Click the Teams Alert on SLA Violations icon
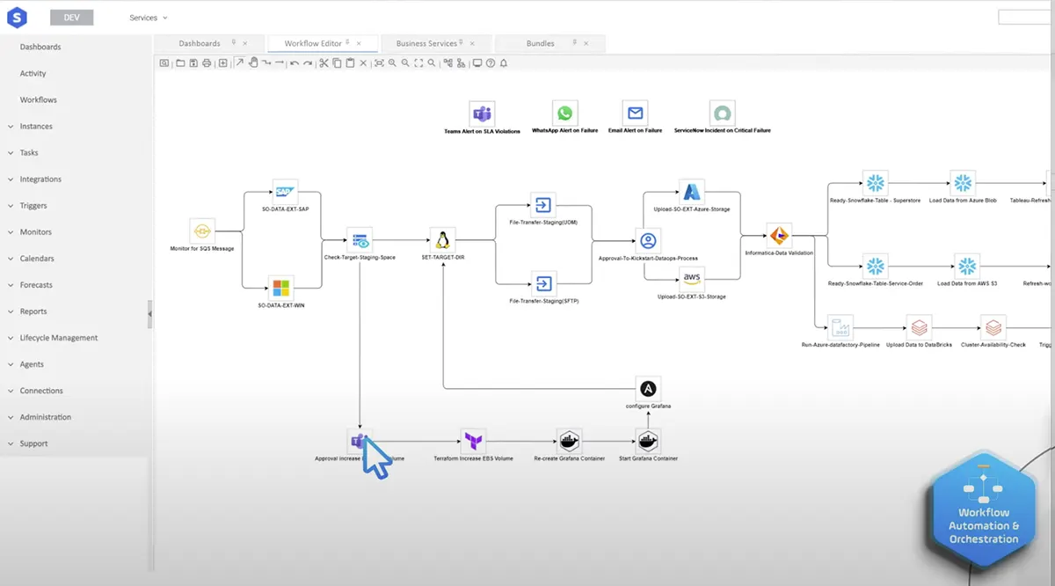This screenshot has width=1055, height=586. pyautogui.click(x=482, y=114)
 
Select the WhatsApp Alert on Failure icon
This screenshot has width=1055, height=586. pyautogui.click(x=564, y=114)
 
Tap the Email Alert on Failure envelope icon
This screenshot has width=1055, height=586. pyautogui.click(x=635, y=114)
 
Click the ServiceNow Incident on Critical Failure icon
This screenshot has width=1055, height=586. pyautogui.click(x=722, y=114)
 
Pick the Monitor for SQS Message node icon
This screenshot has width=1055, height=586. pyautogui.click(x=202, y=231)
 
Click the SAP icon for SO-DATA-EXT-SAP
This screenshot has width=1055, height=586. pyautogui.click(x=284, y=192)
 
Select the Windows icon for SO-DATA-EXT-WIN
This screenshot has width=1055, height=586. pyautogui.click(x=280, y=288)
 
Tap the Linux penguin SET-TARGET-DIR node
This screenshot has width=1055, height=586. pyautogui.click(x=442, y=240)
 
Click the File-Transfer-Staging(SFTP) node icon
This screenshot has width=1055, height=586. pyautogui.click(x=543, y=283)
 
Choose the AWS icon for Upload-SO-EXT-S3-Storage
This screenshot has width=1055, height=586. pyautogui.click(x=692, y=279)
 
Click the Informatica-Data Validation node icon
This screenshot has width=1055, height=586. pyautogui.click(x=779, y=236)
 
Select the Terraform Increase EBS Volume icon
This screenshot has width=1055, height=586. pyautogui.click(x=473, y=441)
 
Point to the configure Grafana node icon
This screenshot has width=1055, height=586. pyautogui.click(x=648, y=389)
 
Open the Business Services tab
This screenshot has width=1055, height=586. pyautogui.click(x=426, y=43)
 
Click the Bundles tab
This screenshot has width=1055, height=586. pyautogui.click(x=541, y=43)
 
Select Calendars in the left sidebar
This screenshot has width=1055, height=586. pyautogui.click(x=37, y=259)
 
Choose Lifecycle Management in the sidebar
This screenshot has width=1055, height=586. pyautogui.click(x=59, y=338)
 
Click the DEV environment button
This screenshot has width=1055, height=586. pyautogui.click(x=72, y=18)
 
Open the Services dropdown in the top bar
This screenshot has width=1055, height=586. pyautogui.click(x=148, y=18)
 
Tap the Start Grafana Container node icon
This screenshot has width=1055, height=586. pyautogui.click(x=648, y=441)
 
